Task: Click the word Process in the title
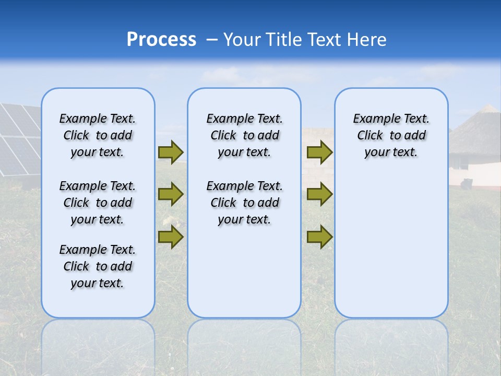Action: click(x=161, y=40)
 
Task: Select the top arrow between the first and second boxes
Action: click(x=171, y=152)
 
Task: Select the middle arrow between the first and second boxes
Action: click(x=171, y=194)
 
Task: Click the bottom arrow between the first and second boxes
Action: click(x=171, y=237)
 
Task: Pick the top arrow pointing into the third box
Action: click(x=319, y=152)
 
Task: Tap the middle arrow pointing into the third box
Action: click(x=319, y=194)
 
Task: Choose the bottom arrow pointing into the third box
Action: click(x=319, y=237)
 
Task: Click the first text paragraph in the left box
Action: click(x=98, y=135)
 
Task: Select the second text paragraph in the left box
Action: click(x=98, y=203)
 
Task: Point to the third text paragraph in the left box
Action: click(x=98, y=266)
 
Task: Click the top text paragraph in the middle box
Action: click(x=244, y=135)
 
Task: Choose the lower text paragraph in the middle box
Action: click(x=244, y=203)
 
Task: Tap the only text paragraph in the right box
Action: click(x=391, y=135)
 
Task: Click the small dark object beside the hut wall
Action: click(x=467, y=183)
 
